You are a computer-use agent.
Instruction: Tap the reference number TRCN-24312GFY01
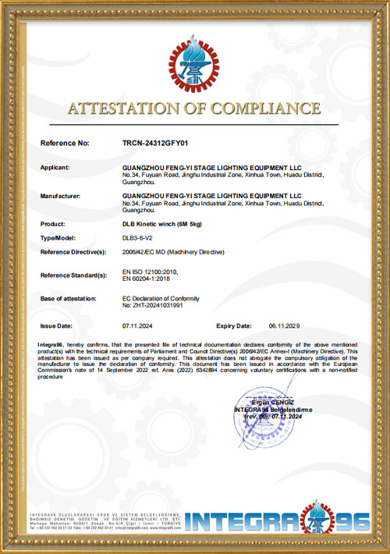pyautogui.click(x=156, y=144)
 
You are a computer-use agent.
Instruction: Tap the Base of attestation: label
pyautogui.click(x=68, y=298)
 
